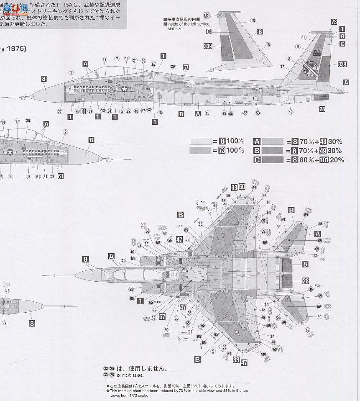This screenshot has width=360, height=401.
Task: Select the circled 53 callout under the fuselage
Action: [258, 113]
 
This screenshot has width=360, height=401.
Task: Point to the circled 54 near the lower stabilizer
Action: [278, 318]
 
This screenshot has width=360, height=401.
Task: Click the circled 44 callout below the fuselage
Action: [190, 331]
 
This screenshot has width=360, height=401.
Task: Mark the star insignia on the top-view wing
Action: [237, 333]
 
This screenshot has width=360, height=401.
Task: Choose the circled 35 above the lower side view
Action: [28, 121]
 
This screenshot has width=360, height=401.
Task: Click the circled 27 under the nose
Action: [60, 111]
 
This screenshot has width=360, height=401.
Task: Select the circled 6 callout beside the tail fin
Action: [298, 46]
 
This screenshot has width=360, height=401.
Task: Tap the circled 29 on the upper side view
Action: [172, 67]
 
